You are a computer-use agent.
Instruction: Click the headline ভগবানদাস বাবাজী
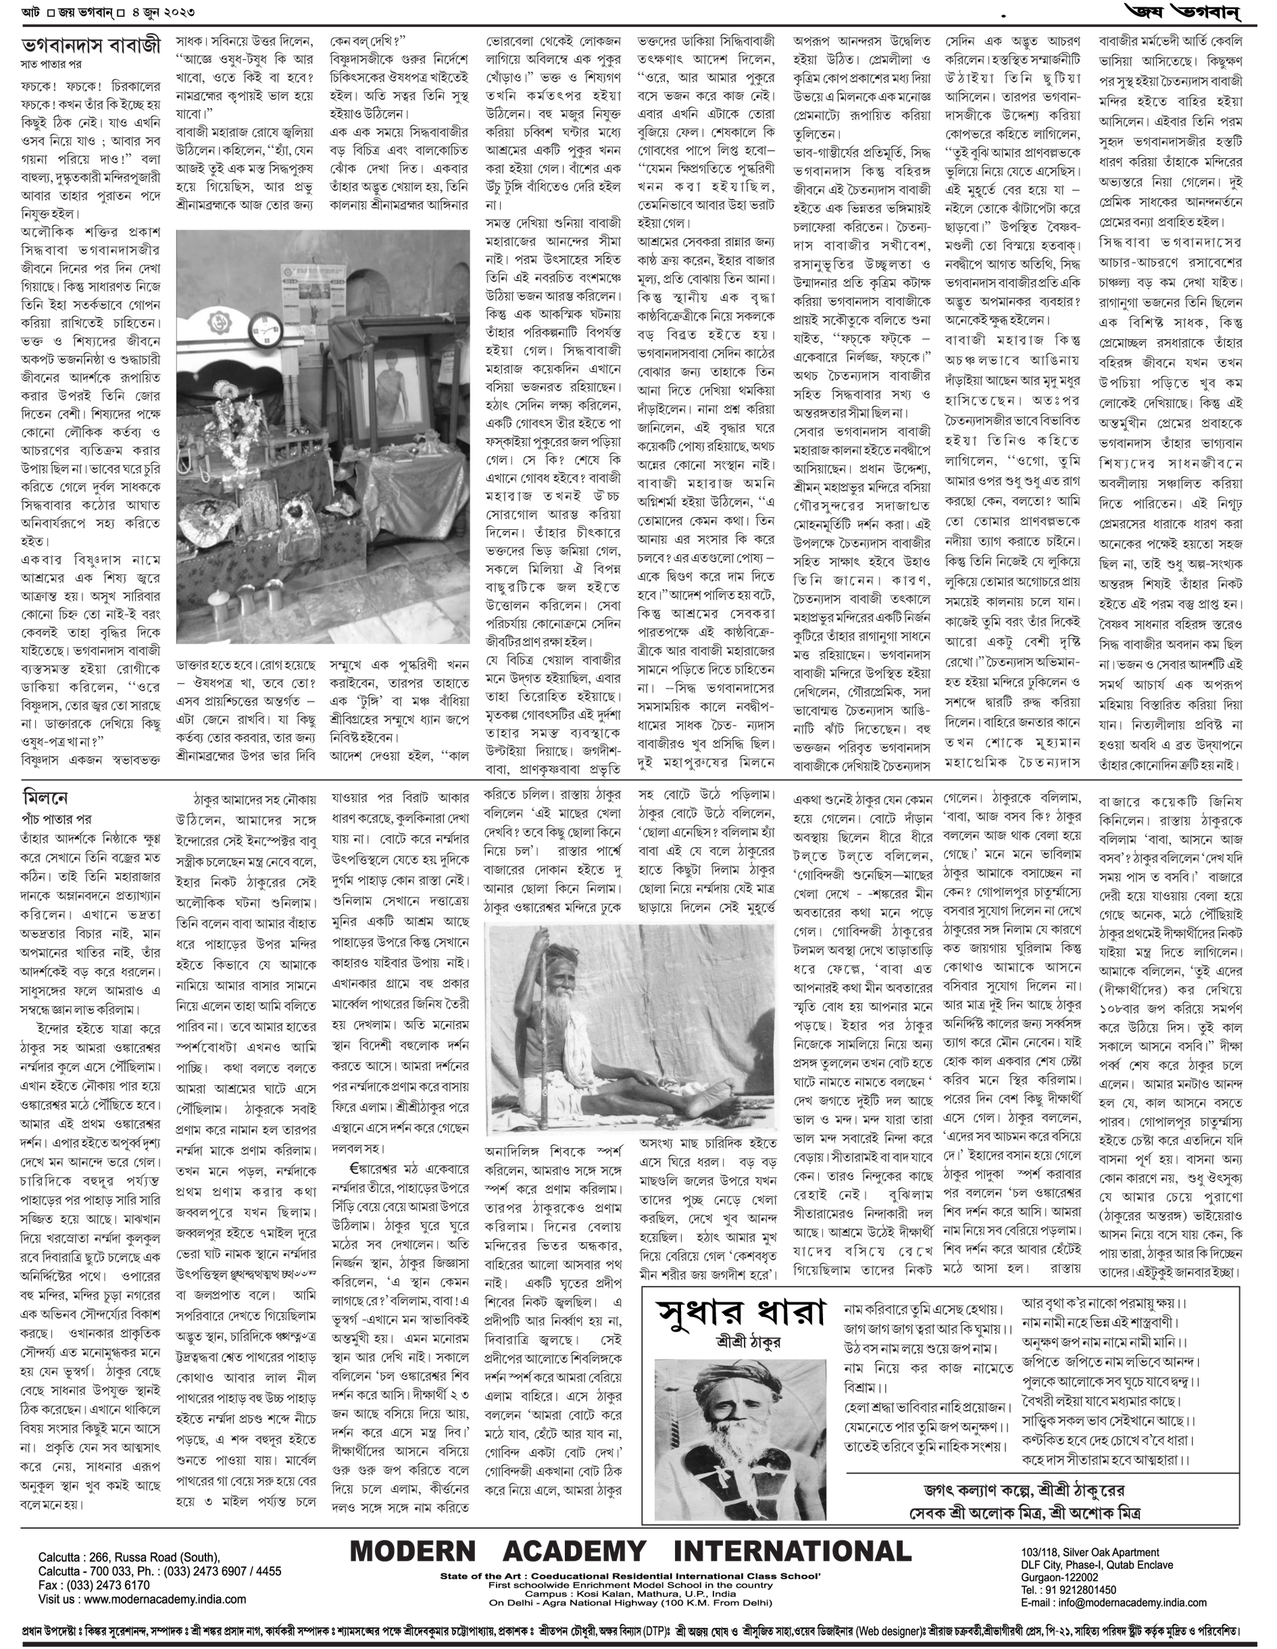(91, 45)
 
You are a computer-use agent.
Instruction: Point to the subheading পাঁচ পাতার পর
(57, 818)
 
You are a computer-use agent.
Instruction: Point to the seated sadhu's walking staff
(530, 1019)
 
